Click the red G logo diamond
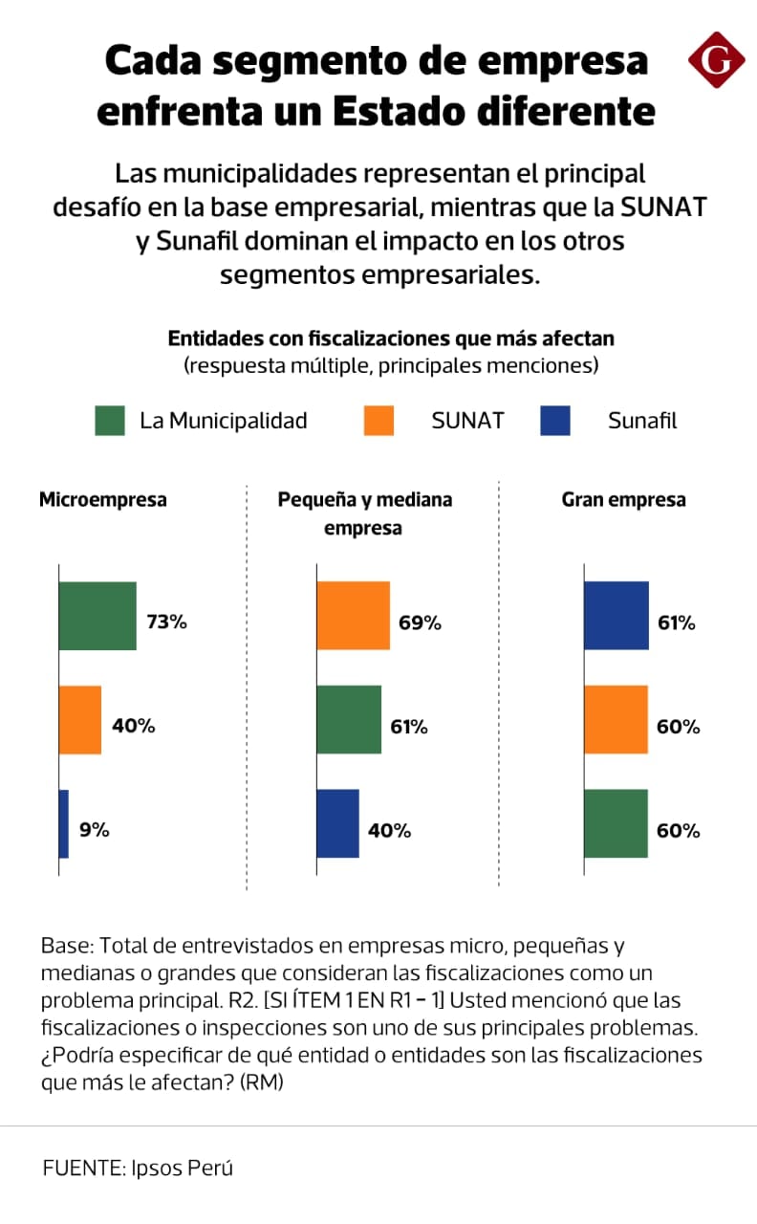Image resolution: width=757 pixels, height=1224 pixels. [x=717, y=59]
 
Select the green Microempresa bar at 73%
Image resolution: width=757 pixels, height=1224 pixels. [x=97, y=616]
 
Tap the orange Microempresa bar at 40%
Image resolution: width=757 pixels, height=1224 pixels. [x=80, y=720]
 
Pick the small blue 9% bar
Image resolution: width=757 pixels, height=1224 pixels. [x=64, y=824]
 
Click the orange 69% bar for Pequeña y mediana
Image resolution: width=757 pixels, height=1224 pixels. [x=354, y=616]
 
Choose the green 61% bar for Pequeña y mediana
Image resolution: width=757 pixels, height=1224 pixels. [x=349, y=720]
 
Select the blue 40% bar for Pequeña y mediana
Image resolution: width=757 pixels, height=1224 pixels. [x=338, y=823]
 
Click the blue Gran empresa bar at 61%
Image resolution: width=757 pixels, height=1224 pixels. [x=616, y=616]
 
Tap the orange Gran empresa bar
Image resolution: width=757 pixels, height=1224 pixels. [x=616, y=720]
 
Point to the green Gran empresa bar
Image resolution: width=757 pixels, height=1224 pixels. [x=616, y=823]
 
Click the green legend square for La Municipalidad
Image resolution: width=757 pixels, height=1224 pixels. [x=110, y=421]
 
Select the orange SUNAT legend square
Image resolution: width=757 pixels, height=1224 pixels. [x=379, y=421]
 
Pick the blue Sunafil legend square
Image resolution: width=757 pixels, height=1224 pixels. [x=555, y=421]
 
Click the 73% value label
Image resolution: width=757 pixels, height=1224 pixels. [x=166, y=622]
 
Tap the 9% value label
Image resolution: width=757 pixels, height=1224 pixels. [x=95, y=830]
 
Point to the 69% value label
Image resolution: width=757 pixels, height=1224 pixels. [x=420, y=623]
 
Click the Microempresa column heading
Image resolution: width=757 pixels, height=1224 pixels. [x=103, y=499]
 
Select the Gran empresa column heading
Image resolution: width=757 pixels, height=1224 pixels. [x=624, y=499]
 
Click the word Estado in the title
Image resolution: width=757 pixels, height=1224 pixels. [x=399, y=111]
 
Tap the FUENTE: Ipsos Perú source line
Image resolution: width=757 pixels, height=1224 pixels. [x=138, y=1169]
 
